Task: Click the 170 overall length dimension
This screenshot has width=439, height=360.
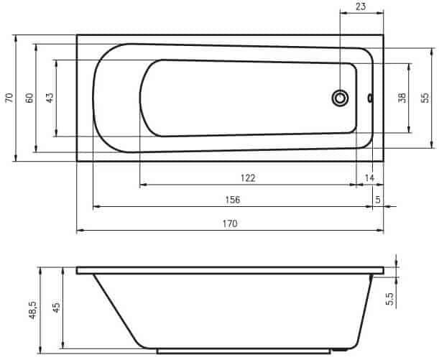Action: tap(230, 223)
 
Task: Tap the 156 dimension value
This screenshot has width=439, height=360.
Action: tap(233, 200)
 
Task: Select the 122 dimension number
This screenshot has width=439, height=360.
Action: tap(248, 178)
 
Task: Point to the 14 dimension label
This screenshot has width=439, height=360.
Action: tap(369, 177)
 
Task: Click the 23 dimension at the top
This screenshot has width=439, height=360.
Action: tap(361, 6)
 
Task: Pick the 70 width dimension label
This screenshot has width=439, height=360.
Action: tap(9, 98)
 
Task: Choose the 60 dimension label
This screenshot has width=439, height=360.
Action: tap(29, 98)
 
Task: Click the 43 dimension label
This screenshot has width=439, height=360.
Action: tap(50, 98)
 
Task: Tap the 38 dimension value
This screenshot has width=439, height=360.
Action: tap(402, 98)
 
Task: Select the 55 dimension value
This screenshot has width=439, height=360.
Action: tap(425, 98)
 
